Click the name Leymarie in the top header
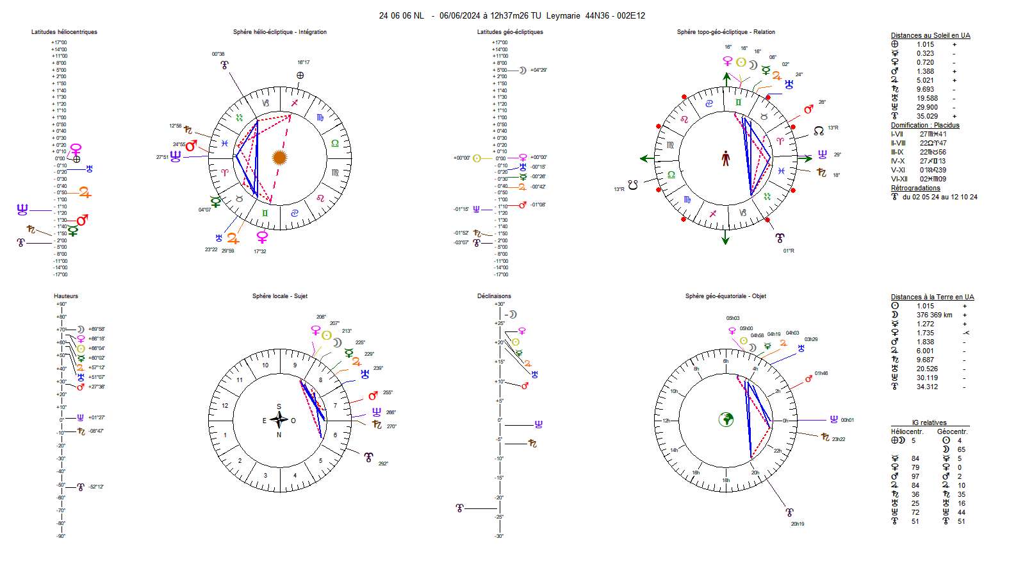click(x=563, y=15)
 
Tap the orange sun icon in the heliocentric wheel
click(x=279, y=157)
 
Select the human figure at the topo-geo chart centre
click(x=726, y=158)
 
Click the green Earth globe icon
click(x=726, y=420)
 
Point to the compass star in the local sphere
click(x=279, y=420)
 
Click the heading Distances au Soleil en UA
click(x=930, y=35)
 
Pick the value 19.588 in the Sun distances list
click(x=926, y=98)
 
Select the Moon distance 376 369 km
click(x=934, y=315)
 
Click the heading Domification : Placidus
click(x=925, y=125)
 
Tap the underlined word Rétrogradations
click(x=915, y=188)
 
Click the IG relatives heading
click(x=929, y=422)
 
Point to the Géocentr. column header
click(x=952, y=431)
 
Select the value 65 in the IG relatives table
click(x=961, y=449)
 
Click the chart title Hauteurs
click(x=66, y=296)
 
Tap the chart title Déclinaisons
click(x=494, y=296)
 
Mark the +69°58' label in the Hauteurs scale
click(x=97, y=329)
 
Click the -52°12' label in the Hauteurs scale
click(x=96, y=487)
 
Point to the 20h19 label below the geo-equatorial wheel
click(x=797, y=524)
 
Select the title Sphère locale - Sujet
click(x=279, y=296)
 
